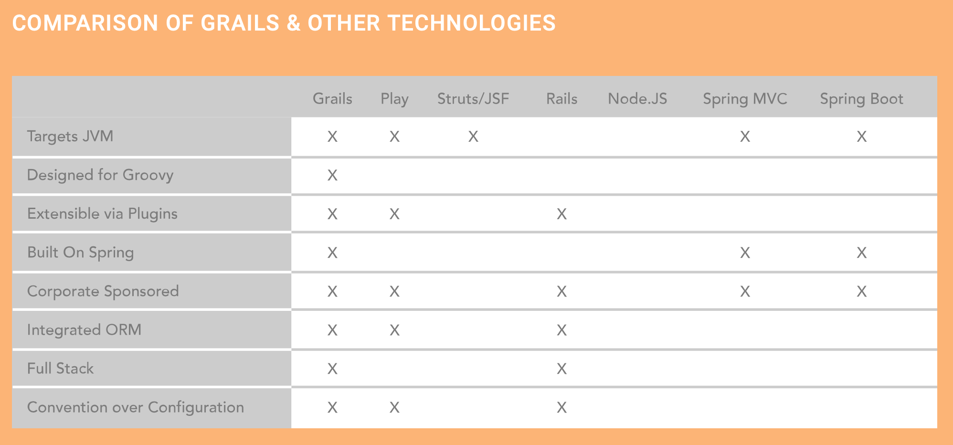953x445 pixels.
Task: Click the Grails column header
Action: click(332, 99)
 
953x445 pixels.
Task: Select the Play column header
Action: click(394, 99)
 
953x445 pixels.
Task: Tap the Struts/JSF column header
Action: click(473, 99)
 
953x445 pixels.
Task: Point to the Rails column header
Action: click(561, 99)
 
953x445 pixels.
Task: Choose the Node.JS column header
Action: click(637, 99)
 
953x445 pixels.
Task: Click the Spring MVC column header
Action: click(745, 99)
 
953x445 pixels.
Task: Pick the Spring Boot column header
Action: click(861, 99)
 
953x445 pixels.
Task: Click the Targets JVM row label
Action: click(70, 137)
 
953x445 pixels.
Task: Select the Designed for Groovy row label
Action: click(100, 175)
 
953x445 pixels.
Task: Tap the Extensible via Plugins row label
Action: click(102, 214)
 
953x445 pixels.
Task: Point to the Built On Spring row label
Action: click(80, 253)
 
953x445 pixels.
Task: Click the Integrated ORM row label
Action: click(84, 330)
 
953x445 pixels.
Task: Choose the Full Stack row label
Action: click(60, 369)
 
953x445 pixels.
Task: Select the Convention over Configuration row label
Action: click(136, 407)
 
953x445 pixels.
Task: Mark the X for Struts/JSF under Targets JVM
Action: click(473, 137)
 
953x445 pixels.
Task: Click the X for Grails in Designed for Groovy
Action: click(332, 176)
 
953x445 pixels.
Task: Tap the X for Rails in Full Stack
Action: click(561, 369)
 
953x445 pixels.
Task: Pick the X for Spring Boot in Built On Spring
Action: click(861, 253)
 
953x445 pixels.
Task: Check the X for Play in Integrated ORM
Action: click(394, 330)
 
